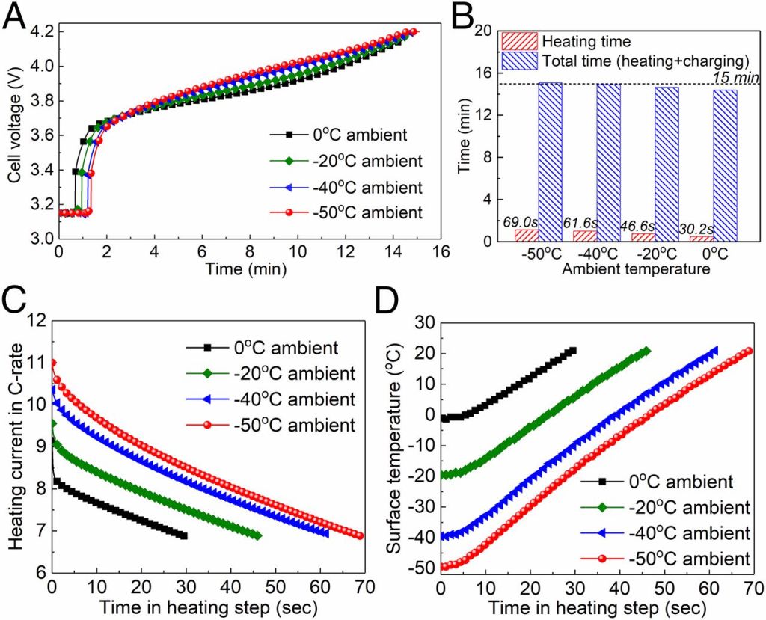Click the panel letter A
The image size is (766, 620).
15,16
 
